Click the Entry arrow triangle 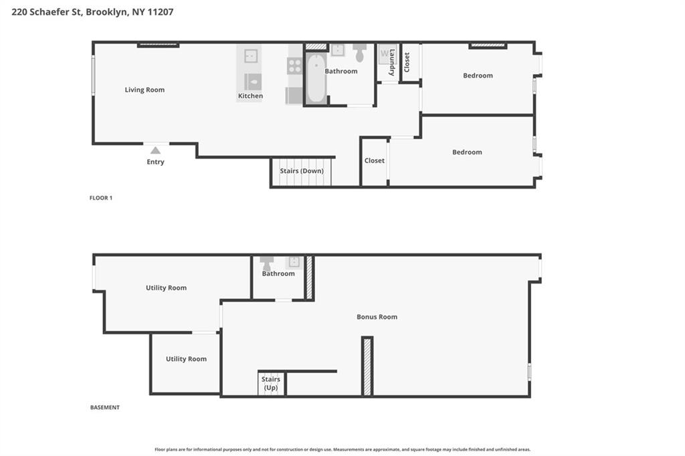pyautogui.click(x=155, y=150)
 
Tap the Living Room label pyautogui.click(x=144, y=90)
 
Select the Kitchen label pyautogui.click(x=250, y=96)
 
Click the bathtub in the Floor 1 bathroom pyautogui.click(x=316, y=78)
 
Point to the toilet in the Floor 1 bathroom pyautogui.click(x=359, y=52)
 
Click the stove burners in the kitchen pyautogui.click(x=294, y=66)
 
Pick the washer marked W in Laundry pyautogui.click(x=385, y=54)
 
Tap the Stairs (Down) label pyautogui.click(x=302, y=170)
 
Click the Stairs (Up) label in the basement pyautogui.click(x=271, y=384)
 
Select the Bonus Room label pyautogui.click(x=377, y=317)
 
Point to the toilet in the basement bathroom pyautogui.click(x=266, y=263)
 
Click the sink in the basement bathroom pyautogui.click(x=294, y=263)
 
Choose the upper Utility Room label pyautogui.click(x=166, y=288)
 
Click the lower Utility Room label pyautogui.click(x=186, y=359)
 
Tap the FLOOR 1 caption pyautogui.click(x=101, y=198)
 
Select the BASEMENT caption pyautogui.click(x=105, y=407)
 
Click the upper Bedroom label pyautogui.click(x=478, y=76)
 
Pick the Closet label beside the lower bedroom pyautogui.click(x=375, y=160)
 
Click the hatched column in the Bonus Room pyautogui.click(x=367, y=366)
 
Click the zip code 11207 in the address pyautogui.click(x=161, y=12)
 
